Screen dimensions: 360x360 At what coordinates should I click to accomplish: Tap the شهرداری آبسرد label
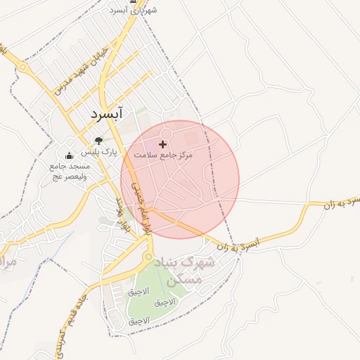(x=134, y=10)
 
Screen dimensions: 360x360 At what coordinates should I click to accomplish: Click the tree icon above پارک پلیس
(x=98, y=141)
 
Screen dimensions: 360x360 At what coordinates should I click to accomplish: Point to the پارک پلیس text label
(x=98, y=152)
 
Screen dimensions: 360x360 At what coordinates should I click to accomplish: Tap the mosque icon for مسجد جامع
(x=69, y=156)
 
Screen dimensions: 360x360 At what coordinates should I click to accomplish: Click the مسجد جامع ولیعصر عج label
(x=69, y=171)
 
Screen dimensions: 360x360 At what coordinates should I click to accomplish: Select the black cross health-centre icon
(x=163, y=143)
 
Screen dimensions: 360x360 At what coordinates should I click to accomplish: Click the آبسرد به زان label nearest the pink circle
(x=239, y=245)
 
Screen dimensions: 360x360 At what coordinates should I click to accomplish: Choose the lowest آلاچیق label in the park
(x=139, y=320)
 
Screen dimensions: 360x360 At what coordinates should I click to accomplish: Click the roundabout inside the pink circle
(x=167, y=134)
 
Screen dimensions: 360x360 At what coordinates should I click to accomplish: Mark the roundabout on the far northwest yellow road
(x=23, y=68)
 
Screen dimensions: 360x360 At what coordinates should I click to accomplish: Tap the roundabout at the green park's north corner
(x=148, y=258)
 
